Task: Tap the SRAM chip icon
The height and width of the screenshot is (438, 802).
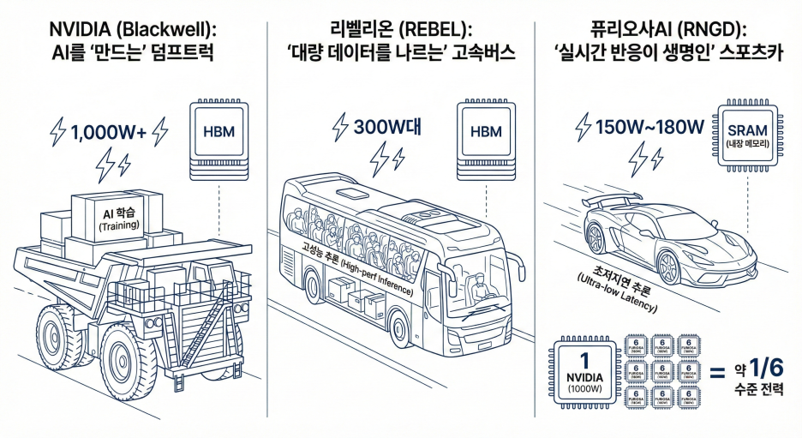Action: pyautogui.click(x=747, y=133)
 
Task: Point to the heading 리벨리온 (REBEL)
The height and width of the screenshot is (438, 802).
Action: pyautogui.click(x=401, y=26)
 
